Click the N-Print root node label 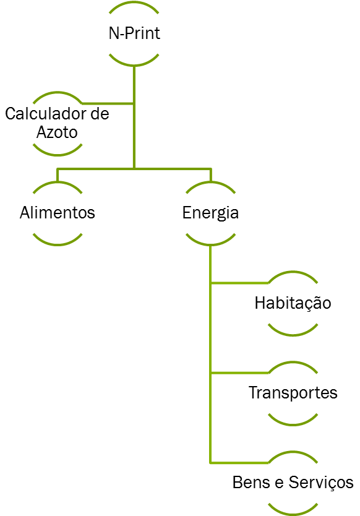pos(134,33)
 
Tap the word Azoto pos(57,132)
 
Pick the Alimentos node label pos(58,212)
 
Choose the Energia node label pos(210,213)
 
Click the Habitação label pos(293,303)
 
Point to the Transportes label pos(293,393)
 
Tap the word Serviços pos(321,483)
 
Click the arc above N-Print pos(134,2)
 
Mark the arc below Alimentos pos(58,244)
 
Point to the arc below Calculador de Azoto pos(58,154)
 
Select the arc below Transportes pos(293,424)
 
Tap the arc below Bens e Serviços pos(293,514)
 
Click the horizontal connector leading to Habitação pos(239,283)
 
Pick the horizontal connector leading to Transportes pos(239,373)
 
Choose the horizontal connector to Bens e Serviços pos(239,463)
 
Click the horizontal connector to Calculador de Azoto pos(108,104)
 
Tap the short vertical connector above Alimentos pos(58,175)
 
